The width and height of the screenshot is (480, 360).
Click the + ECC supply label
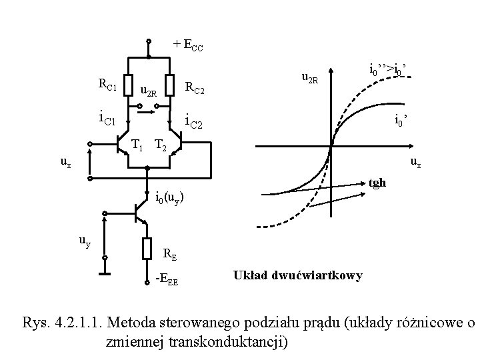pos(188,45)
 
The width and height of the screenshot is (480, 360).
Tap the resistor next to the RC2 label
pos(171,85)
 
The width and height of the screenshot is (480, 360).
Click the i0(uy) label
pos(169,198)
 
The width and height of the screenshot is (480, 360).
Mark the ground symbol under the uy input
pos(104,273)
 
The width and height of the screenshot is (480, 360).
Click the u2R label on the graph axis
pos(311,80)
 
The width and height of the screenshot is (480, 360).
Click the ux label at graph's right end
pos(415,161)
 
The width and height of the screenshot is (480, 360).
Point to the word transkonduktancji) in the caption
pos(230,343)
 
